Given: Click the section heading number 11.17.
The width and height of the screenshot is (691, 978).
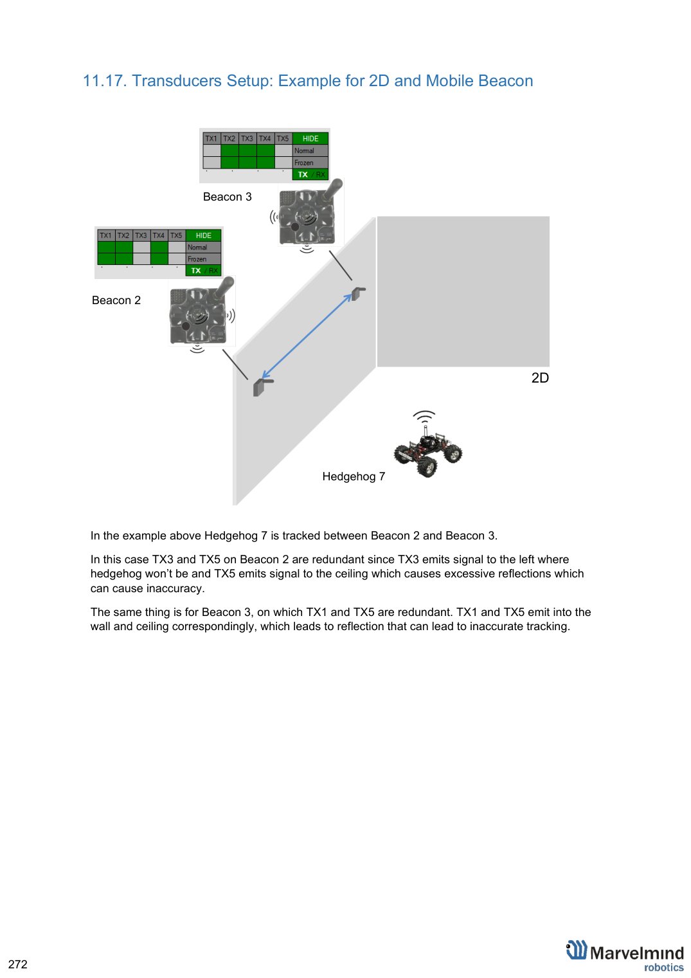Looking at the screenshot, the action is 104,81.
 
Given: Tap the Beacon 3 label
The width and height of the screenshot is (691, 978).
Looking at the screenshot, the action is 227,197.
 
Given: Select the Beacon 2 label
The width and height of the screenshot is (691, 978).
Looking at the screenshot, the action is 116,300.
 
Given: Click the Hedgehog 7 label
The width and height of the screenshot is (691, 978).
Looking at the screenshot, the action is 354,476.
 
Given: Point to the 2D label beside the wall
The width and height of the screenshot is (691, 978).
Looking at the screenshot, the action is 540,377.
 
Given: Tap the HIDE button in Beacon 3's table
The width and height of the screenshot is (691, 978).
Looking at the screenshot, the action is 310,138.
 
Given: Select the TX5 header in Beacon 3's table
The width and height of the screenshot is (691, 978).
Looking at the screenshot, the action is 283,138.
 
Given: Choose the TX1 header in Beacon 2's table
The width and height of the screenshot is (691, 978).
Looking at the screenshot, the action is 105,235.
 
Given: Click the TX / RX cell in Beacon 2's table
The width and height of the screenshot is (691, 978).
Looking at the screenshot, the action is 204,271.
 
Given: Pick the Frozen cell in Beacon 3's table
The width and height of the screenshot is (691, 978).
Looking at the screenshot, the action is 310,163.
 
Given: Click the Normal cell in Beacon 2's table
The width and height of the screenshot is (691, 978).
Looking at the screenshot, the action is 203,247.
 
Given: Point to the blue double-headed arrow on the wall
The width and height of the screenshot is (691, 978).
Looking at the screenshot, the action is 307,336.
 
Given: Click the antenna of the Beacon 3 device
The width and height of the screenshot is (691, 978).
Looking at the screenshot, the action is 330,190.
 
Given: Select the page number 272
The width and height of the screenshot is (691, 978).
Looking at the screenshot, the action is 18,964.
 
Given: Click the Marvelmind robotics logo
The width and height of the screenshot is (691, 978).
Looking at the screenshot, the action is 625,955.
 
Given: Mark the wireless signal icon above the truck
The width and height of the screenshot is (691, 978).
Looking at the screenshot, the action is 424,416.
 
